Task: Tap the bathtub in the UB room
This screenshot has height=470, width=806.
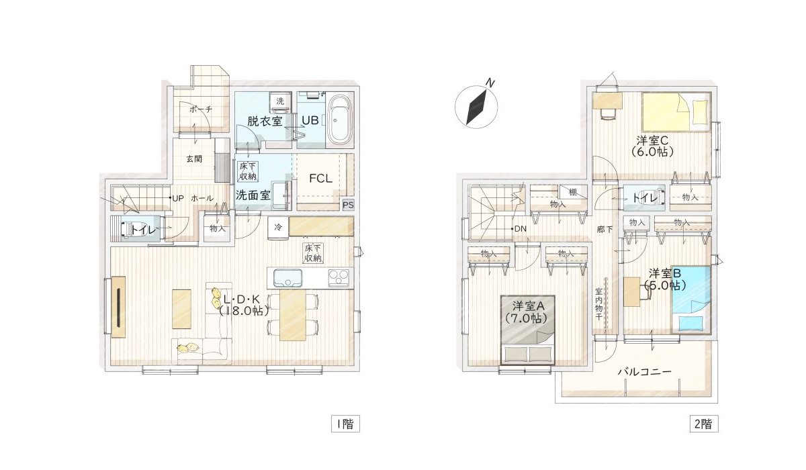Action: [339, 120]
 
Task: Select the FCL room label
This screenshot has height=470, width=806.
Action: [320, 179]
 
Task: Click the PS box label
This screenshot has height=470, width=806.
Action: [347, 205]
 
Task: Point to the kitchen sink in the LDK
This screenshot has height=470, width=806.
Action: [285, 277]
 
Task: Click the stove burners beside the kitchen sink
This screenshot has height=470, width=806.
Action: [339, 277]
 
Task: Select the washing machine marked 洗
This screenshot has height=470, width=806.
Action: [280, 101]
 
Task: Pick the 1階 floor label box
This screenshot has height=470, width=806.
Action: [344, 424]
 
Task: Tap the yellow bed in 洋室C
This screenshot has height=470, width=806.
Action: [676, 110]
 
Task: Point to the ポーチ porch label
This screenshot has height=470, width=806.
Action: [200, 109]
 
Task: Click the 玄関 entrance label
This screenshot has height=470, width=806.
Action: [194, 159]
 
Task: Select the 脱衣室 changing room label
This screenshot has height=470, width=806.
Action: [263, 121]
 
